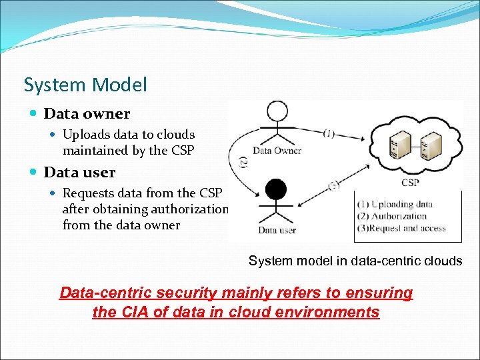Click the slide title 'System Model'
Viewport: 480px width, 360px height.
pyautogui.click(x=85, y=85)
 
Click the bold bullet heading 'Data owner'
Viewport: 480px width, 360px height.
pyautogui.click(x=87, y=114)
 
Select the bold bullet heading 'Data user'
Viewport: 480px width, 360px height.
pyautogui.click(x=79, y=173)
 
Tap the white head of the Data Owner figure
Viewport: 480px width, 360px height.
pyautogui.click(x=277, y=112)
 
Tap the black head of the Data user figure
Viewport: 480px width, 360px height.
pyautogui.click(x=276, y=190)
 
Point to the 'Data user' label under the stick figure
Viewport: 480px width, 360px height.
pyautogui.click(x=277, y=231)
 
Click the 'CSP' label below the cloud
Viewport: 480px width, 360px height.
pyautogui.click(x=411, y=181)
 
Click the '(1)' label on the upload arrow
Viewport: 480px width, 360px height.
pyautogui.click(x=329, y=133)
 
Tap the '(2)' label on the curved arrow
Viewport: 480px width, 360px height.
pyautogui.click(x=243, y=162)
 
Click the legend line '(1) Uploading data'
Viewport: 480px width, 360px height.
pyautogui.click(x=395, y=204)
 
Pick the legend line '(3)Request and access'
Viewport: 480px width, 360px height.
pyautogui.click(x=401, y=228)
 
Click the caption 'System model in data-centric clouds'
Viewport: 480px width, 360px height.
pyautogui.click(x=355, y=261)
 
